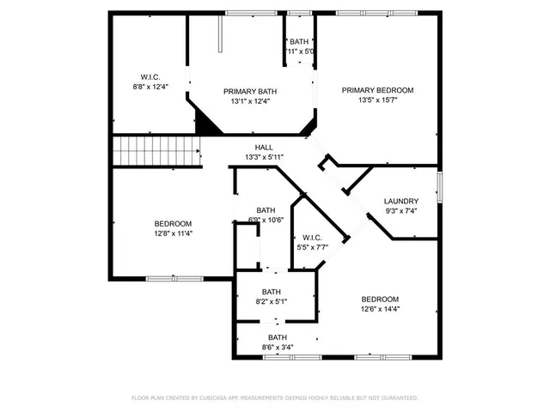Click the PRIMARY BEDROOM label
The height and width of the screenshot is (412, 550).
[377, 90]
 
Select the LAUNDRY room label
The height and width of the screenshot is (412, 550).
[401, 201]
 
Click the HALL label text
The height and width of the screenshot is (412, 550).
[264, 148]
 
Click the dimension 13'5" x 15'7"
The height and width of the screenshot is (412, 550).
[377, 100]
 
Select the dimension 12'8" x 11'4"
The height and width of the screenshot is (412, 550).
[173, 233]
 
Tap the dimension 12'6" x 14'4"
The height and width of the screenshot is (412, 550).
[379, 309]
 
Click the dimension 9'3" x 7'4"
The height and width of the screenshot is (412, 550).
[401, 211]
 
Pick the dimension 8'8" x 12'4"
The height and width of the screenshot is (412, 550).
[150, 86]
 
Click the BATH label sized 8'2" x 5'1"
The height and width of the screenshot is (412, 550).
[272, 292]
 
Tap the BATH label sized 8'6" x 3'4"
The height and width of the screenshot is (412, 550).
[277, 337]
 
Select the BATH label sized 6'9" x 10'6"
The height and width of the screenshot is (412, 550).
[266, 210]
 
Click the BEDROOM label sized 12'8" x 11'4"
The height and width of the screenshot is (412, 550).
[173, 223]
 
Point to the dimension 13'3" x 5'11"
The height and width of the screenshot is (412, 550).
[264, 157]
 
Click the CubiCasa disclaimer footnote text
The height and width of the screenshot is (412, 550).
[274, 398]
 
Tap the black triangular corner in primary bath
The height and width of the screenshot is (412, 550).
[206, 122]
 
